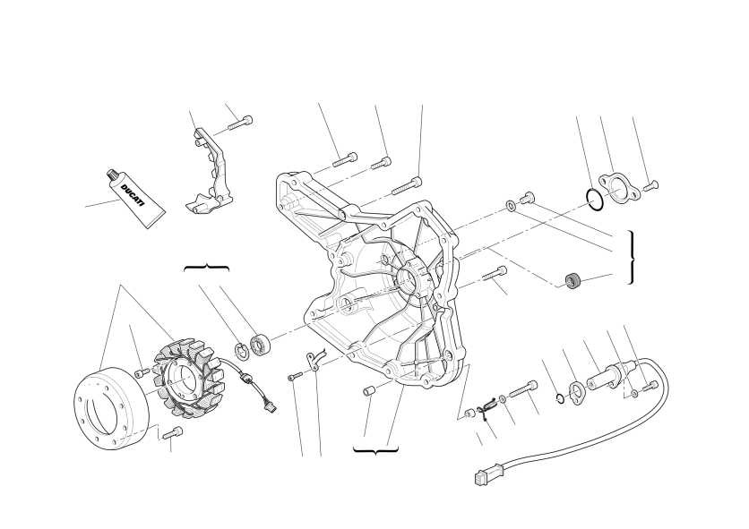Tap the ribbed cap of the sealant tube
[x=113, y=175]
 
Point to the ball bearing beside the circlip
[x=261, y=346]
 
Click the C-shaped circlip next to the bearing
[x=241, y=350]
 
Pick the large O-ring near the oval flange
[x=595, y=199]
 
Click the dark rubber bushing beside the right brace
[x=573, y=281]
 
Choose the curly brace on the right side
[x=632, y=257]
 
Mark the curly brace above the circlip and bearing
[x=206, y=268]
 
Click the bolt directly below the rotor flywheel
[x=172, y=433]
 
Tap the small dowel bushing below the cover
[x=368, y=391]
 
